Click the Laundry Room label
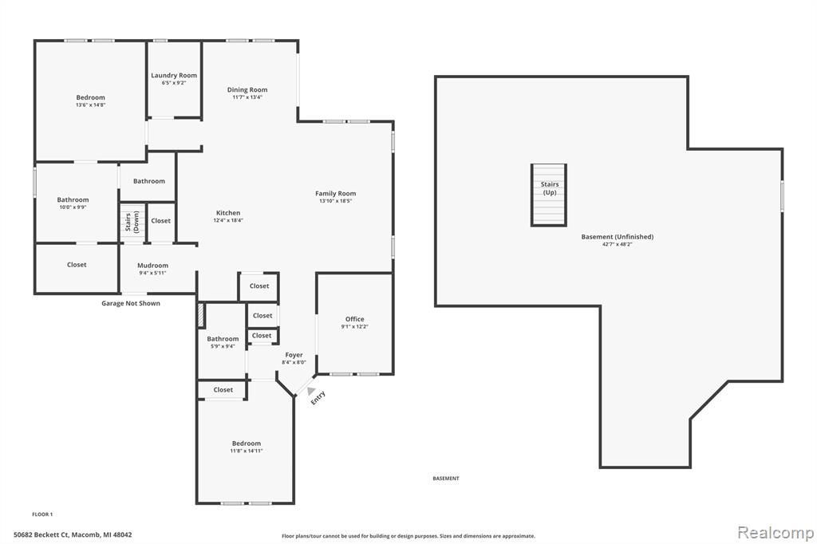[174, 76]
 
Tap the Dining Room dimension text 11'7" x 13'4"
[247, 97]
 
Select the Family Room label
[335, 194]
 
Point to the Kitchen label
[228, 213]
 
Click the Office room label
[355, 319]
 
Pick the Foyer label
[294, 355]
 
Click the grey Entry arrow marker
[310, 391]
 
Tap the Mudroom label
[152, 266]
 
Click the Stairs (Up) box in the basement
[549, 194]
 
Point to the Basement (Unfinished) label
[617, 237]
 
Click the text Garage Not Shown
[130, 303]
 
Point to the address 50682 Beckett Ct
[73, 535]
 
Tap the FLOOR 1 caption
[42, 514]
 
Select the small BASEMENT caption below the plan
[446, 479]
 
